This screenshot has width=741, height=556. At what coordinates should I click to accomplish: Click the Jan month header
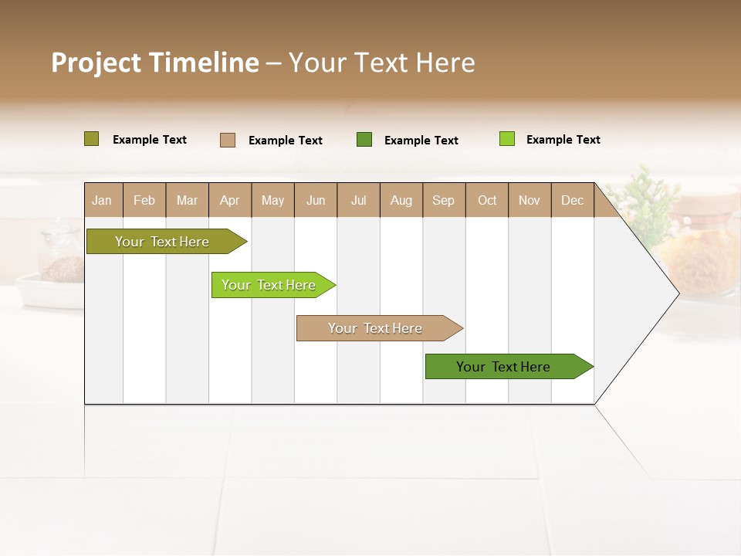pos(102,201)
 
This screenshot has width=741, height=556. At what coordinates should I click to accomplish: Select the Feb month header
pos(144,201)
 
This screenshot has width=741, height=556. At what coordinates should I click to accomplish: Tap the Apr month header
pos(229,201)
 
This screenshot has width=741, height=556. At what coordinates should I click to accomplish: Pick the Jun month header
pos(316,201)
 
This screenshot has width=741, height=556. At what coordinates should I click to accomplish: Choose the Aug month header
pos(401,201)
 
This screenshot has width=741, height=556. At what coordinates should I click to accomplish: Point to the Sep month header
pos(443,201)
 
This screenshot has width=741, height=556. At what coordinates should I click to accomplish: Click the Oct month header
pos(487,201)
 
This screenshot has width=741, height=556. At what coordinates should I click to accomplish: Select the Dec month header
pos(572,201)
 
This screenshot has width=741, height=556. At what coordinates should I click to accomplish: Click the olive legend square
pos(91,139)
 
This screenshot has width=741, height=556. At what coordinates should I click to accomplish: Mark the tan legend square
pos(227,140)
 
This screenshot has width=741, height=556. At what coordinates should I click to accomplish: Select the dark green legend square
pos(364,140)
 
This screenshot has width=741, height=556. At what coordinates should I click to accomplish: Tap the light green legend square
pos(506,139)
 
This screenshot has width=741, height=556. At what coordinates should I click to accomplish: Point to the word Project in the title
pos(96,63)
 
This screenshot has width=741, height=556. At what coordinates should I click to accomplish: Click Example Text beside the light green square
pos(563,140)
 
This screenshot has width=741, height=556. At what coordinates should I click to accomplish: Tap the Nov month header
pos(530,201)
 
